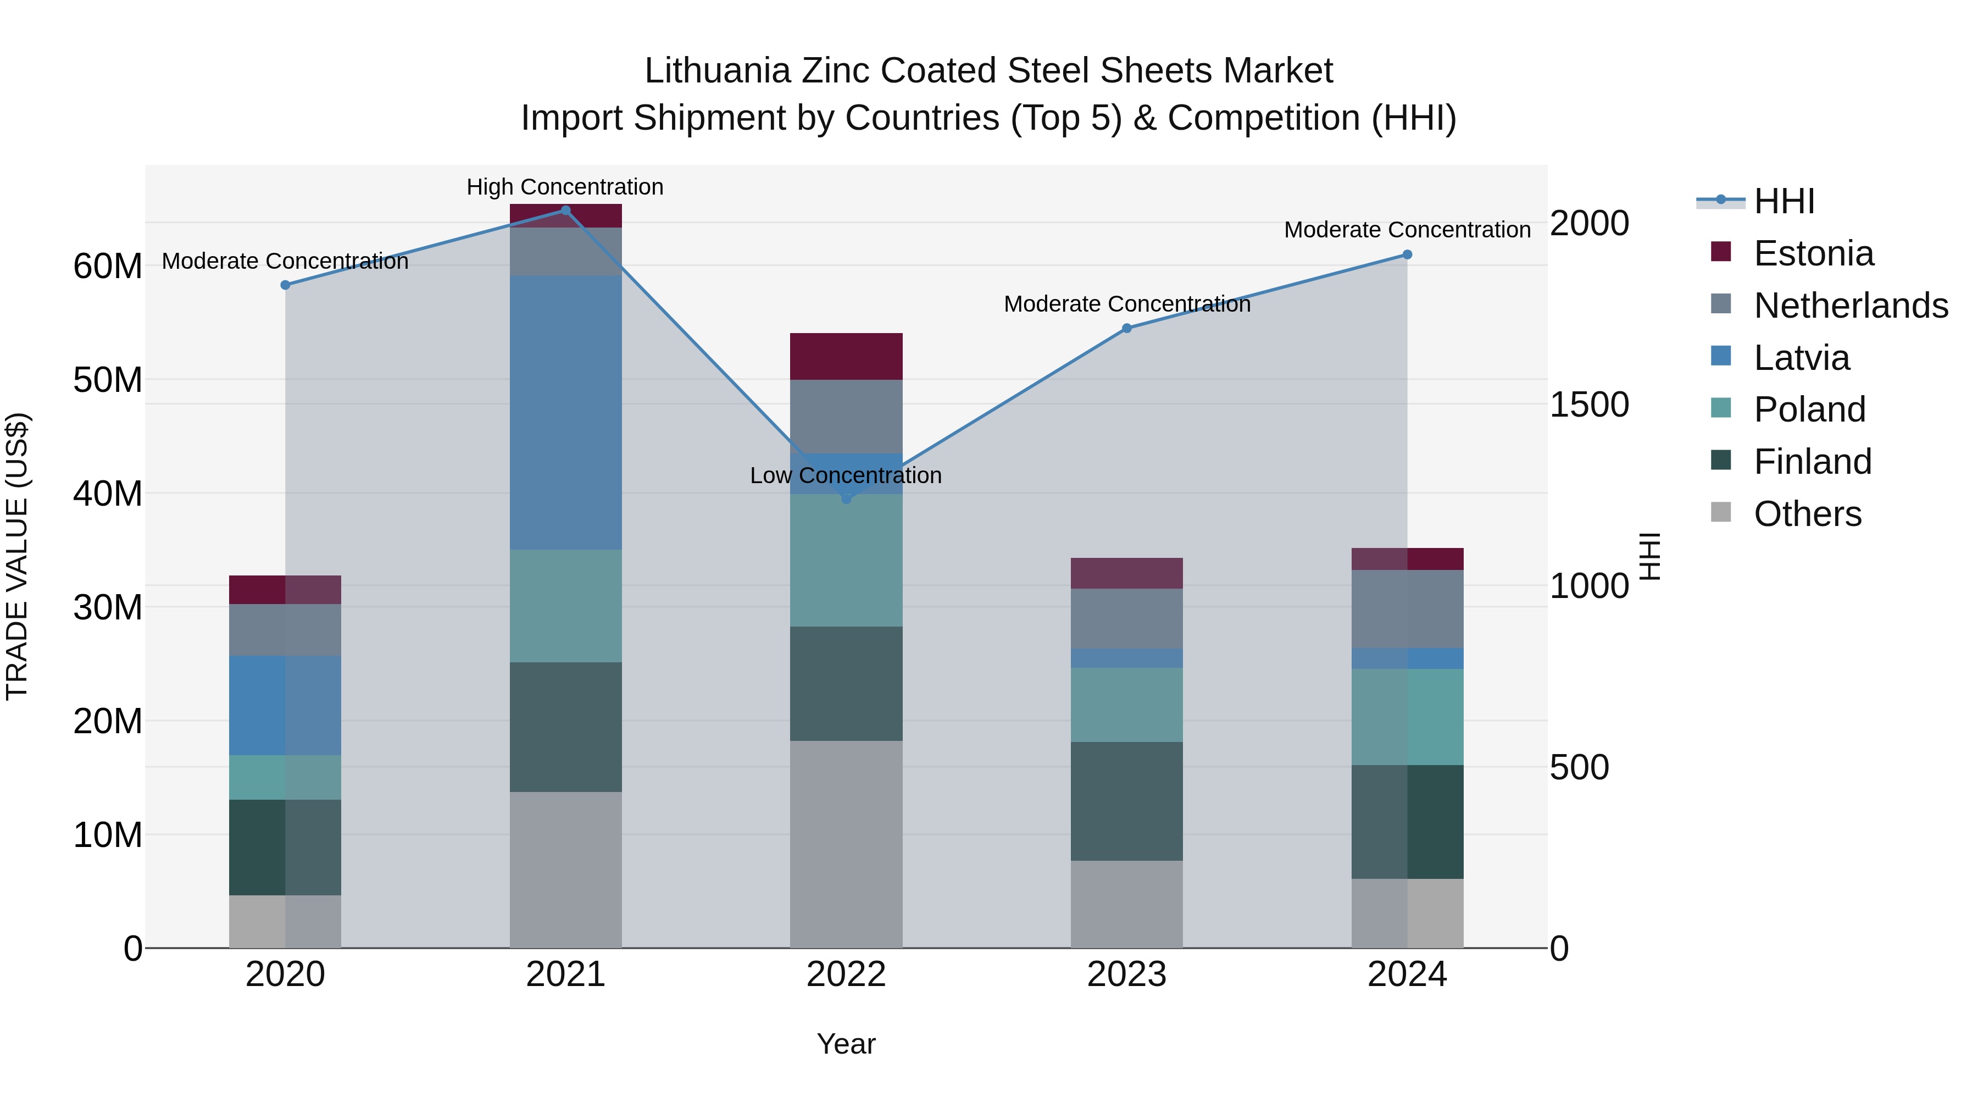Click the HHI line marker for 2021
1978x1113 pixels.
[x=565, y=211]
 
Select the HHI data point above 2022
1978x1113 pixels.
[x=846, y=499]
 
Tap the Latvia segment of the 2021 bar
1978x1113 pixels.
[x=565, y=412]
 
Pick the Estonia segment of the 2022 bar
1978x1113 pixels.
[x=846, y=356]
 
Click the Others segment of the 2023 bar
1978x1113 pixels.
[x=1126, y=904]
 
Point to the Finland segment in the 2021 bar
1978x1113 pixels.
[x=565, y=727]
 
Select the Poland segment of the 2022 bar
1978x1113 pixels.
[x=846, y=560]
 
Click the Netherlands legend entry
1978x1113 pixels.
[x=1851, y=306]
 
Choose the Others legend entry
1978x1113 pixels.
[x=1808, y=514]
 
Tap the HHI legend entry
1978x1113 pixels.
[x=1783, y=201]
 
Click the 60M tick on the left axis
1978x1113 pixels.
[x=108, y=267]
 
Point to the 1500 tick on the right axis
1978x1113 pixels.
[x=1588, y=405]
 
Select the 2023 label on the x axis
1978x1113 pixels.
[x=1126, y=974]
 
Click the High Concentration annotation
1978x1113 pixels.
[x=565, y=187]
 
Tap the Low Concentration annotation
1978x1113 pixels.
[x=846, y=475]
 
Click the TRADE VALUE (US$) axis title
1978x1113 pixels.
[x=17, y=556]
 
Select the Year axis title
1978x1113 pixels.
[x=846, y=1044]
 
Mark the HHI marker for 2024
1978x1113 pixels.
[x=1407, y=254]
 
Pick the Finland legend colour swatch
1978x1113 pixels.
[x=1721, y=461]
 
